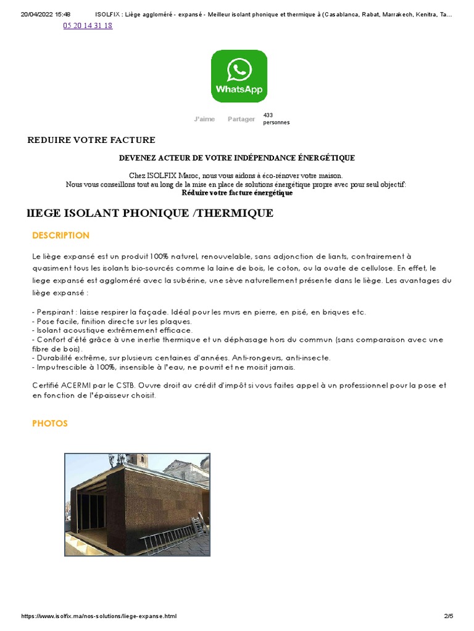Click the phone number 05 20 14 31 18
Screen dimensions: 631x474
(x=88, y=26)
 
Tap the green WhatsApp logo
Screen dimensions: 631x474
(x=239, y=76)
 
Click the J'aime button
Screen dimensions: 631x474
(x=204, y=119)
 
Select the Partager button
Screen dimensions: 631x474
(x=241, y=119)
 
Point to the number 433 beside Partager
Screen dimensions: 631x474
(x=268, y=115)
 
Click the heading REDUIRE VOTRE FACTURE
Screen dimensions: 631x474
(x=91, y=140)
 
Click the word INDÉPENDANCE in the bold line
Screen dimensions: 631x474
(x=258, y=158)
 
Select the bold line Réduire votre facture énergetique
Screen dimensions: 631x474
(x=237, y=193)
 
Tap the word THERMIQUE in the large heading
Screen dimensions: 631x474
(x=236, y=213)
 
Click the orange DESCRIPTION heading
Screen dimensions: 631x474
(x=60, y=235)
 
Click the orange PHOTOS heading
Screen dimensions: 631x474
(x=49, y=423)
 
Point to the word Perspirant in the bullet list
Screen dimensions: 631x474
(x=54, y=312)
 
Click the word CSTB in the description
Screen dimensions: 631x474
(x=123, y=386)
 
